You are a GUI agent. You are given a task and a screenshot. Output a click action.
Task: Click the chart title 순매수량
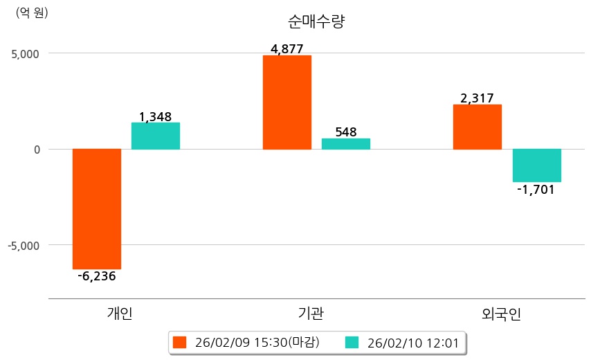coord(316,21)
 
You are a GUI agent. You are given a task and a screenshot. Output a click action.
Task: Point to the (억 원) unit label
coord(32,12)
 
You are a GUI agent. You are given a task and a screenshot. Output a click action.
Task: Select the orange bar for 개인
coord(97,208)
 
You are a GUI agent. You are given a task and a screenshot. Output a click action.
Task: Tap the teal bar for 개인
coord(156,136)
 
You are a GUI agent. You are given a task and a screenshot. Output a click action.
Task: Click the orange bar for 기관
coord(287,102)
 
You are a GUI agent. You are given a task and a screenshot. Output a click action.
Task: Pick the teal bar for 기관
coord(346,143)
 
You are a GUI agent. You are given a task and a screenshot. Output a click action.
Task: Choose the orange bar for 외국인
coord(478,127)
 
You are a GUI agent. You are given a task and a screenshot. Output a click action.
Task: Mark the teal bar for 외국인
coord(536,165)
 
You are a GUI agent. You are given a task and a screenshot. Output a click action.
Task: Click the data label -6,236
coord(97,276)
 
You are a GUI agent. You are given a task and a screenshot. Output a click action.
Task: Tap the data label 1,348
coord(155,117)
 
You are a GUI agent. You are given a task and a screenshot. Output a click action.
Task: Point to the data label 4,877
coord(287,49)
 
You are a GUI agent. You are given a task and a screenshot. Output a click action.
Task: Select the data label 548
coord(345,132)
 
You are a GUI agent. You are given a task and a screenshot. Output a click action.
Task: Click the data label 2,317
coord(477,98)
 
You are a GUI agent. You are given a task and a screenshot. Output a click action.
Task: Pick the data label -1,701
coord(536,189)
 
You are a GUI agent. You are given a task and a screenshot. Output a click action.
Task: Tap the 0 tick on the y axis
coord(36,149)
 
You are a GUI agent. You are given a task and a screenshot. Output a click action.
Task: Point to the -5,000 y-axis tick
coord(24,245)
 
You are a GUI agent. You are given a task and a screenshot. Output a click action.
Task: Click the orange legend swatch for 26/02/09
coord(181,343)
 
